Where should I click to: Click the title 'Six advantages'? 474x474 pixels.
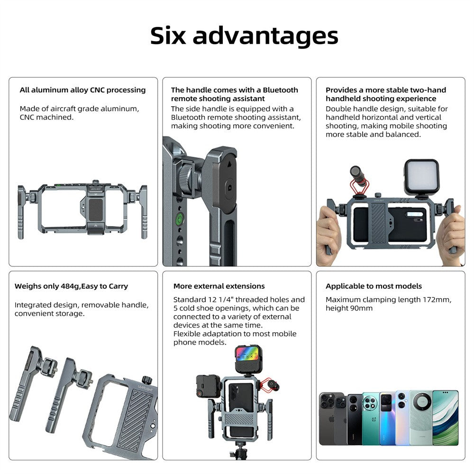(244, 36)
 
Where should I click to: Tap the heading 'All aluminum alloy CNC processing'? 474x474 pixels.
(82, 90)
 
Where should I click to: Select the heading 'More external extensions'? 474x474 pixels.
(219, 286)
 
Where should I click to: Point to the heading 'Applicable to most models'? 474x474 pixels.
(374, 286)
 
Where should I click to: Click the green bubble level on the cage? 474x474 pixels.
(180, 218)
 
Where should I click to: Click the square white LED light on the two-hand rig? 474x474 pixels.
(422, 176)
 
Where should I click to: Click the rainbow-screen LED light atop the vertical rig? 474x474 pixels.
(248, 359)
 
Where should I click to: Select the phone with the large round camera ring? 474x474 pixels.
(421, 418)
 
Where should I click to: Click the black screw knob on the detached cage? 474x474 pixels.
(146, 379)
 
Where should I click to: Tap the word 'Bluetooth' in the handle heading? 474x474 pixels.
(280, 90)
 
